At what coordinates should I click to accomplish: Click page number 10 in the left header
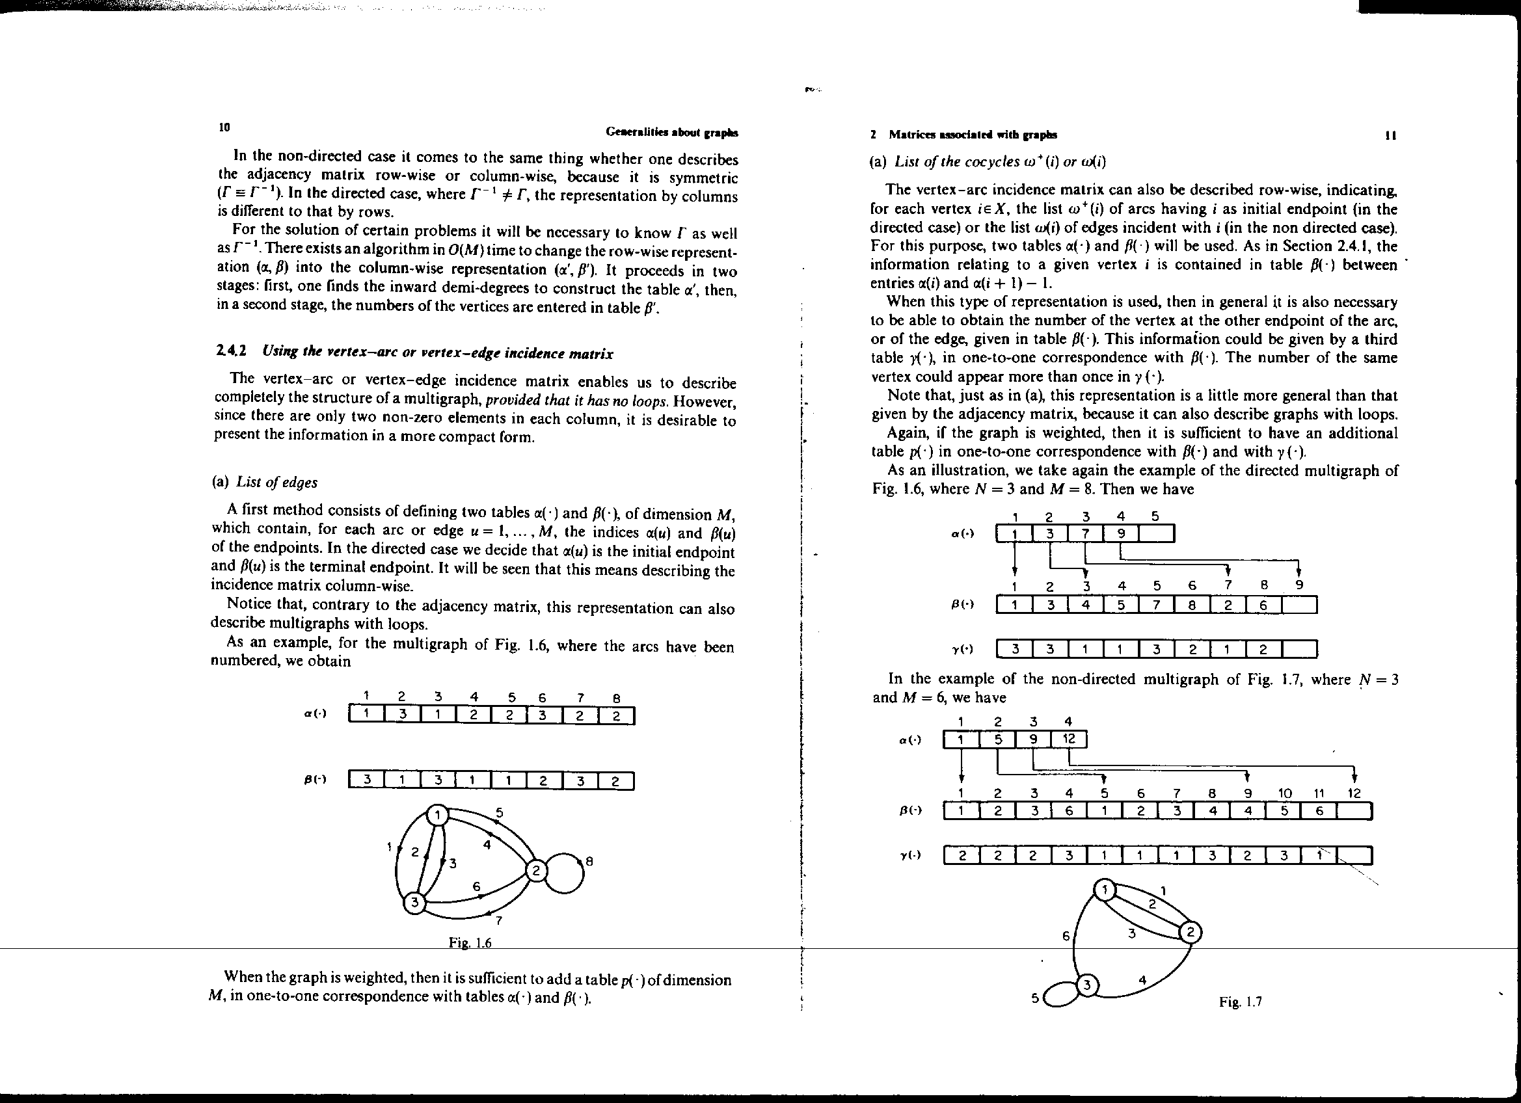(x=224, y=127)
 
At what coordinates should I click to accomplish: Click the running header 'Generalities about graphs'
(x=671, y=132)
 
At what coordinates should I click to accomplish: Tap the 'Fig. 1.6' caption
(x=470, y=943)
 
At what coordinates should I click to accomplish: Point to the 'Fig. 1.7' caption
(x=1241, y=1002)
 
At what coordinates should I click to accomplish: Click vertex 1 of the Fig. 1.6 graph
(x=438, y=816)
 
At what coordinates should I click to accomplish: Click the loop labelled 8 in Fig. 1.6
(x=567, y=872)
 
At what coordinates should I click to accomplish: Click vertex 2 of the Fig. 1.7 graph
(x=1191, y=932)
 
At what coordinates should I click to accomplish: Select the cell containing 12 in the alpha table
(x=1069, y=739)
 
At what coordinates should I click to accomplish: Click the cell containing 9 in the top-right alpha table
(x=1121, y=534)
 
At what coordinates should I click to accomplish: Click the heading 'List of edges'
(x=276, y=482)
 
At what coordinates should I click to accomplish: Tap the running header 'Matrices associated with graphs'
(x=972, y=135)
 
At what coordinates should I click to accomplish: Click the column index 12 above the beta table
(x=1354, y=793)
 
